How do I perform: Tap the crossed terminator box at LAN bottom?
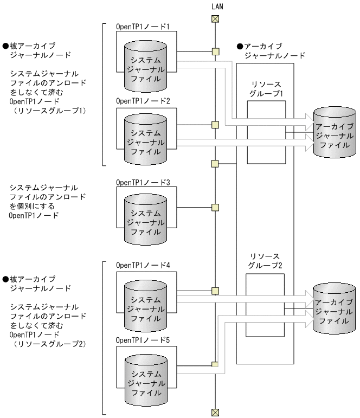[215, 412]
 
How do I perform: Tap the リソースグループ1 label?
[263, 89]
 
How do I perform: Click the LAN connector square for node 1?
[215, 52]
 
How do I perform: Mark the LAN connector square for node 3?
[215, 207]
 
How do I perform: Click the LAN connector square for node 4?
[215, 290]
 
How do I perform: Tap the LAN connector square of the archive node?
[215, 163]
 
